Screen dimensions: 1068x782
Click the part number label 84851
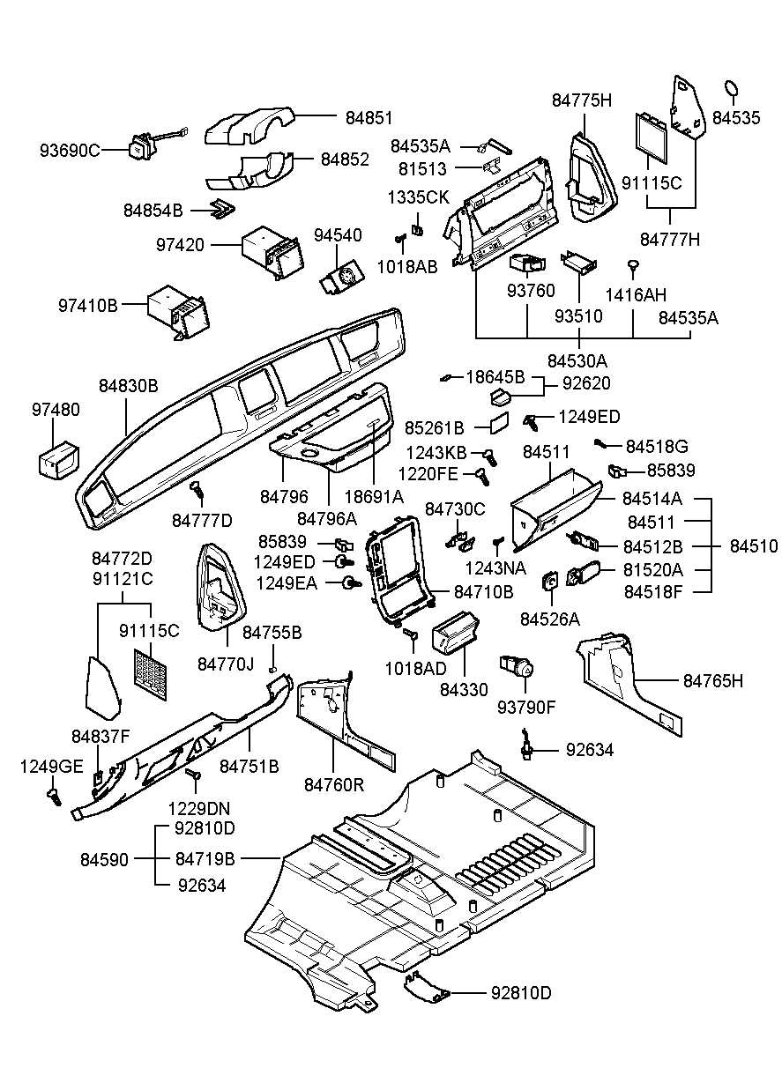tap(369, 117)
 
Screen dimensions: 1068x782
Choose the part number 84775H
tap(582, 100)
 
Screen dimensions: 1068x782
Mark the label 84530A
tap(577, 360)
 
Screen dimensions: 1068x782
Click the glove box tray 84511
tap(551, 511)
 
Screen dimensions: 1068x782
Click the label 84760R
tap(335, 783)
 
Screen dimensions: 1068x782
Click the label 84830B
tap(128, 386)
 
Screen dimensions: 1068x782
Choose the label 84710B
tap(483, 592)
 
